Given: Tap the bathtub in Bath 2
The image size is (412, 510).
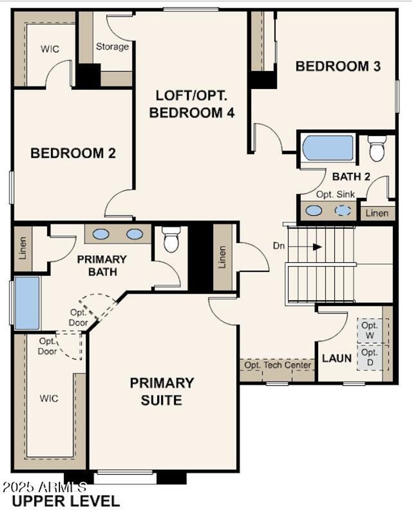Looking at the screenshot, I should point(328,148).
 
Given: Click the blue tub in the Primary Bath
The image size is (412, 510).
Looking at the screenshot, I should point(27,303).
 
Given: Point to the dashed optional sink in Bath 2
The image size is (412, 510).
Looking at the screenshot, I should point(343,211).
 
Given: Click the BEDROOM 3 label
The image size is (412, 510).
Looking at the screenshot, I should point(338,66).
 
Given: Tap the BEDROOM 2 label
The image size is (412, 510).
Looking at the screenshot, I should point(73,153).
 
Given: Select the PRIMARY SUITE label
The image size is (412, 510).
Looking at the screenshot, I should point(162,392).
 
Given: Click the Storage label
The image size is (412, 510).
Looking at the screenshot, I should point(112,47).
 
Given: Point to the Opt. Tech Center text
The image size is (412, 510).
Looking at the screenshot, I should point(277,365).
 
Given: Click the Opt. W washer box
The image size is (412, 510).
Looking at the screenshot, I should point(370,330).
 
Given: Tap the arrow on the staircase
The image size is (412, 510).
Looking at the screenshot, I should point(317,247).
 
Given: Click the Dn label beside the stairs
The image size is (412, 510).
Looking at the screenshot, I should point(279,246).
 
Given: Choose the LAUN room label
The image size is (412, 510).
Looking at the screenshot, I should point(337,358).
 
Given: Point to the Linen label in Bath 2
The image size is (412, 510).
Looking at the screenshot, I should point(377,213).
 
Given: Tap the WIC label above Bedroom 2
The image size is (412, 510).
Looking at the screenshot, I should point(50,49).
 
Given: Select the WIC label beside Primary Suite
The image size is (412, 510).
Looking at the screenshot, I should point(49,399).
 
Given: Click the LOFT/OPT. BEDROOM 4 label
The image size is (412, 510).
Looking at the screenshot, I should point(192,104).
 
